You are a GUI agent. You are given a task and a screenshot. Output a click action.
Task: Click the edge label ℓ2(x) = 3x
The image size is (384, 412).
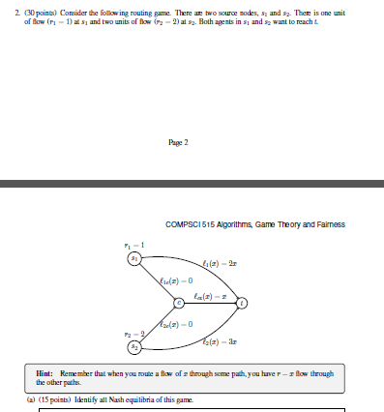(220, 342)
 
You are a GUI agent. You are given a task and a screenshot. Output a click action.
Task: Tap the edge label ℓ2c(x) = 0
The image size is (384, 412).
(179, 323)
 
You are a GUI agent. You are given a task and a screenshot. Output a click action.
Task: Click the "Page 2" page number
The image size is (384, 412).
(178, 141)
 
